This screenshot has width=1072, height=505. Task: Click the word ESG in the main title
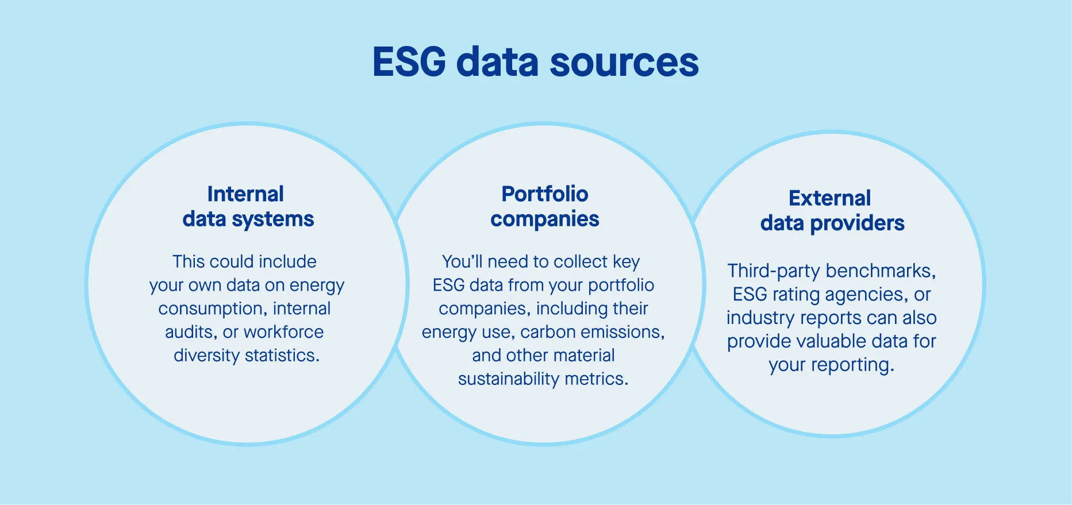pos(409,61)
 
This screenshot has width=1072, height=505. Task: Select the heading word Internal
pos(245,194)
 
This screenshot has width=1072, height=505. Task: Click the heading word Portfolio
pos(544,194)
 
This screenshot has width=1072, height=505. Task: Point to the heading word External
pos(829,198)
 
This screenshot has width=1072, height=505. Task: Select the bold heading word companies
pos(544,219)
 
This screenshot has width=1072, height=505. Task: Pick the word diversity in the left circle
pos(206,356)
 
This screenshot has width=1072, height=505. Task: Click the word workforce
pos(283,332)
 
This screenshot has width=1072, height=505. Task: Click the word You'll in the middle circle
pos(462,262)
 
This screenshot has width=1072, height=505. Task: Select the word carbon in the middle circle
pos(548,332)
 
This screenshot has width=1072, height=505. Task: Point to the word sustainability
pos(508,379)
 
